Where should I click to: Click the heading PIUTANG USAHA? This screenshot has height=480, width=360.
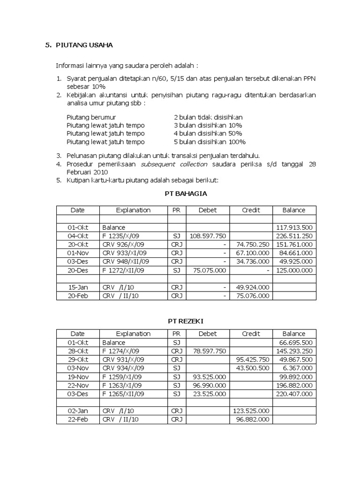[84, 45]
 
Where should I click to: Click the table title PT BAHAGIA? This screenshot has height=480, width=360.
[186, 193]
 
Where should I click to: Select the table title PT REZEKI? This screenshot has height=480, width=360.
[186, 321]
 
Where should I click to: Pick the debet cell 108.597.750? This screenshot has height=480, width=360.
[208, 236]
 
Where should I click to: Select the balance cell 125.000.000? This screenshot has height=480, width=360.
[294, 270]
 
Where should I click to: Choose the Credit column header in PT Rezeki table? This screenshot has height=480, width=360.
[251, 334]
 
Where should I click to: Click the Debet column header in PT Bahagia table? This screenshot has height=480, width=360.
[208, 210]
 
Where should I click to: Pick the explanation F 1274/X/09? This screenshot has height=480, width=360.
[123, 351]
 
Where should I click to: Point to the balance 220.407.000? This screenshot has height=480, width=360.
[294, 393]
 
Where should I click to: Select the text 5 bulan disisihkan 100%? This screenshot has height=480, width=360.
[210, 142]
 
